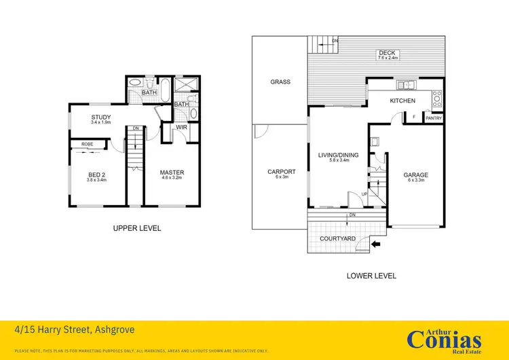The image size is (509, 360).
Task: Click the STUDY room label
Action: [x=101, y=118]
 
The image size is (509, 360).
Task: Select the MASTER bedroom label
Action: [x=172, y=173]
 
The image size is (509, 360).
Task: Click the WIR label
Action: [x=181, y=127]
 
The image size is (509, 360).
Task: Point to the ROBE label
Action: [x=88, y=144]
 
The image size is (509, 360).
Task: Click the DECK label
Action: [x=387, y=53]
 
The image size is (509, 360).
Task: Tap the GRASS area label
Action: [x=280, y=82]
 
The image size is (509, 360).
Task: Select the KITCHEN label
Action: [x=402, y=101]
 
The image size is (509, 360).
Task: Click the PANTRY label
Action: [x=433, y=118]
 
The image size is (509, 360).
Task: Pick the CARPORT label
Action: [x=281, y=172]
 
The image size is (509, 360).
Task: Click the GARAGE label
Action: [x=415, y=175]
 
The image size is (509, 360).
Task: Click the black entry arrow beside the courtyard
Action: [x=377, y=243]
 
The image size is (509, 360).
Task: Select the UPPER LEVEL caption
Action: [x=136, y=228]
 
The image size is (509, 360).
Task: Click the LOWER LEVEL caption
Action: [x=371, y=276]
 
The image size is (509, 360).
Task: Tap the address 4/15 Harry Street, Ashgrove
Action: [x=75, y=330]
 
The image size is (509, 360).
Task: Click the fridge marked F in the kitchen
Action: [x=414, y=117]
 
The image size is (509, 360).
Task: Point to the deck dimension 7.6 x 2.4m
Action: [x=387, y=58]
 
